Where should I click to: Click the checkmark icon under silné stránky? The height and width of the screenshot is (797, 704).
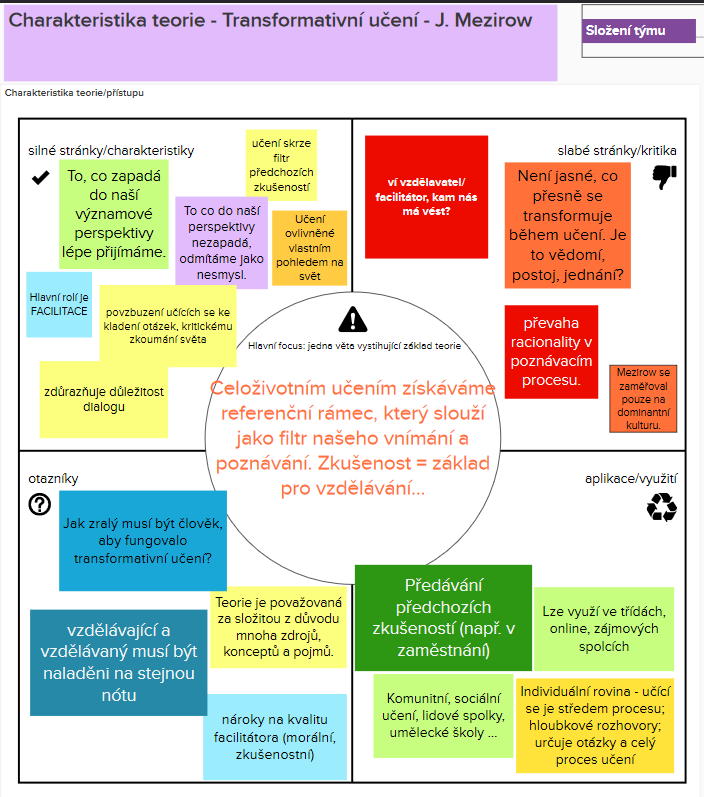tap(41, 177)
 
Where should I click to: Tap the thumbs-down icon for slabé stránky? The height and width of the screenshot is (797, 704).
tap(664, 177)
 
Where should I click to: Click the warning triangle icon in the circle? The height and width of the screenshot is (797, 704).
tap(352, 320)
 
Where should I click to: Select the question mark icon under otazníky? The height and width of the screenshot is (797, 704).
tap(40, 504)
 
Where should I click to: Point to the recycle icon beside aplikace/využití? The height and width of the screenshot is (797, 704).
tap(662, 507)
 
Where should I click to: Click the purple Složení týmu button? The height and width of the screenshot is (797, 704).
tap(639, 31)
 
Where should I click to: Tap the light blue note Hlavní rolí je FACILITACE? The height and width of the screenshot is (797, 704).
tap(59, 304)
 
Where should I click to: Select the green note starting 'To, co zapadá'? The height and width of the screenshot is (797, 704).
tap(115, 214)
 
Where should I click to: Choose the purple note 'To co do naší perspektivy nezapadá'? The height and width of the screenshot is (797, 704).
tap(221, 242)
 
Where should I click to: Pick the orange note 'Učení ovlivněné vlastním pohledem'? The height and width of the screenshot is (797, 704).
tap(309, 247)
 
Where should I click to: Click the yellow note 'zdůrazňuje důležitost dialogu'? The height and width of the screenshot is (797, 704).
tap(104, 398)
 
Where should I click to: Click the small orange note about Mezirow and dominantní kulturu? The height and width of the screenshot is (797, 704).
tap(642, 398)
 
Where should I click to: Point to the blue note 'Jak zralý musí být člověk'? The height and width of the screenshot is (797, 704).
tap(143, 540)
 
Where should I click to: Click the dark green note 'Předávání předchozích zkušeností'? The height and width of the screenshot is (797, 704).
tap(442, 617)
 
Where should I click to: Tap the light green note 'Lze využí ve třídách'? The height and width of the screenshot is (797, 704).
tap(603, 628)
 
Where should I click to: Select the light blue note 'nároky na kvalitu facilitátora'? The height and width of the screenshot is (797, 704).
tap(274, 737)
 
